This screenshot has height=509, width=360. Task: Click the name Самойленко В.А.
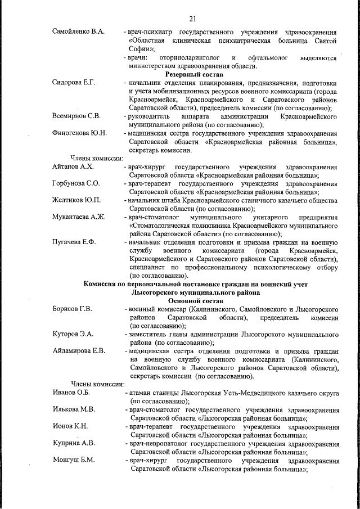pos(78,31)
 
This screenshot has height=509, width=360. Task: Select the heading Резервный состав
pos(194,74)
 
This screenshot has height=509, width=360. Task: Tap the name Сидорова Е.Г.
pos(73,83)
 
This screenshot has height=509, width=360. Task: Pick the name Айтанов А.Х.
pos(73,167)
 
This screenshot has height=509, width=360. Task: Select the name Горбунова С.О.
pos(76,184)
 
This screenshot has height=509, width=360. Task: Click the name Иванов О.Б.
pos(71,393)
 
